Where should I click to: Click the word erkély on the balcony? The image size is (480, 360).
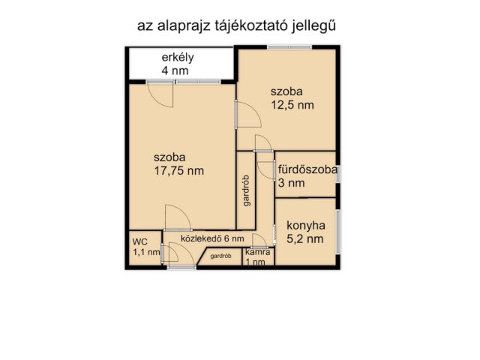[178, 58]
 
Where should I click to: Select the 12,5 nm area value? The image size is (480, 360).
[292, 105]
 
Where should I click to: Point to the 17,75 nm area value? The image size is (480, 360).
[178, 170]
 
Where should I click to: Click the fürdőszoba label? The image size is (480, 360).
[307, 169]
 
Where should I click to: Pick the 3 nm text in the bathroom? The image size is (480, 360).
[291, 182]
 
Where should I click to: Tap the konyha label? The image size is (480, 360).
[305, 225]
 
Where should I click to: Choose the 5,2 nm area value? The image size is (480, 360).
[305, 239]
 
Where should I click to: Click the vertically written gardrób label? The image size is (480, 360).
[246, 190]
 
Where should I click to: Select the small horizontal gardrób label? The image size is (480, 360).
[220, 256]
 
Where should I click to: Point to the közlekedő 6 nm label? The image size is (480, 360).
[212, 238]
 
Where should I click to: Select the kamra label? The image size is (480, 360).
[258, 253]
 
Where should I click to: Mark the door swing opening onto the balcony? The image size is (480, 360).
[160, 94]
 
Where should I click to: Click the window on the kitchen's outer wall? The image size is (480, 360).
[339, 232]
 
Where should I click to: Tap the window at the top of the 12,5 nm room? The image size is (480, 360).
[289, 47]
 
